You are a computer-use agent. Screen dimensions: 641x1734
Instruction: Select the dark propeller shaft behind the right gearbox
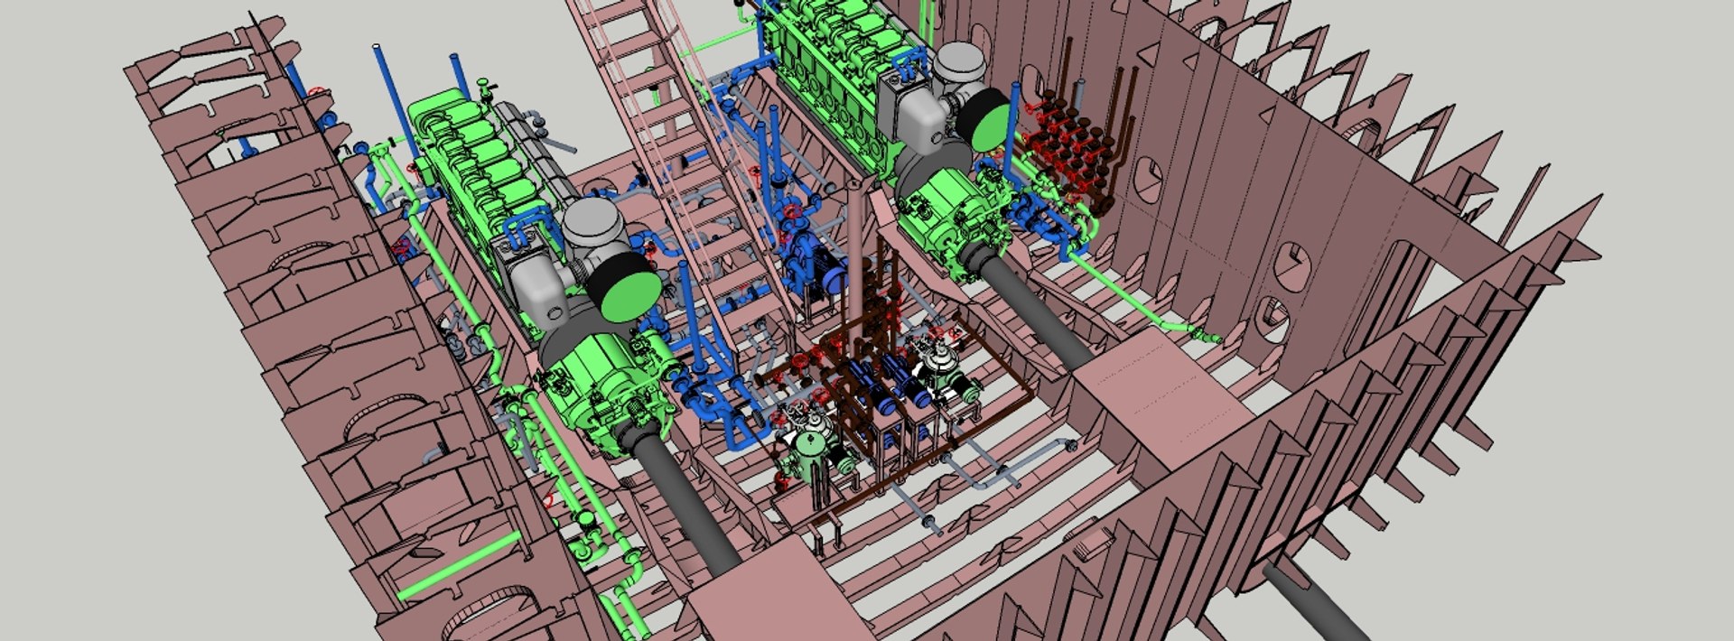pyautogui.click(x=1034, y=307)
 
